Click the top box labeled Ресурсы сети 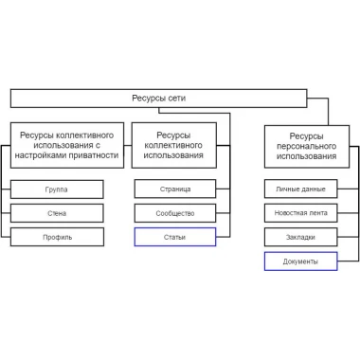pos(158,99)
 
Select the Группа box pos(57,189)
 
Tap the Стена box pos(57,213)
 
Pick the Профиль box pos(57,237)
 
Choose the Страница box pos(175,189)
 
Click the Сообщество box pos(175,213)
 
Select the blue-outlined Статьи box pos(175,237)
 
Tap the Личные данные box pos(300,189)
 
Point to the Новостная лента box pos(300,213)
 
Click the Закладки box pos(300,237)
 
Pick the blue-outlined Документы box pos(300,261)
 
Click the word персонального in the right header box pos(306,147)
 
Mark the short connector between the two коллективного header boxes pos(128,146)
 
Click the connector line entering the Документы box pos(348,261)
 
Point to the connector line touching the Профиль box pos(6,237)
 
